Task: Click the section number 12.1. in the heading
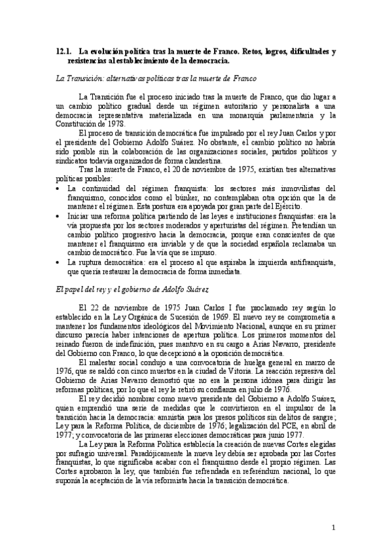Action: [x=63, y=51]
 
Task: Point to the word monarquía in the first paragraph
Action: [x=237, y=115]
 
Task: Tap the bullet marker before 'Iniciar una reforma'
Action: [x=58, y=216]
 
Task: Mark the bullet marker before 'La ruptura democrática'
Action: [x=58, y=262]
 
